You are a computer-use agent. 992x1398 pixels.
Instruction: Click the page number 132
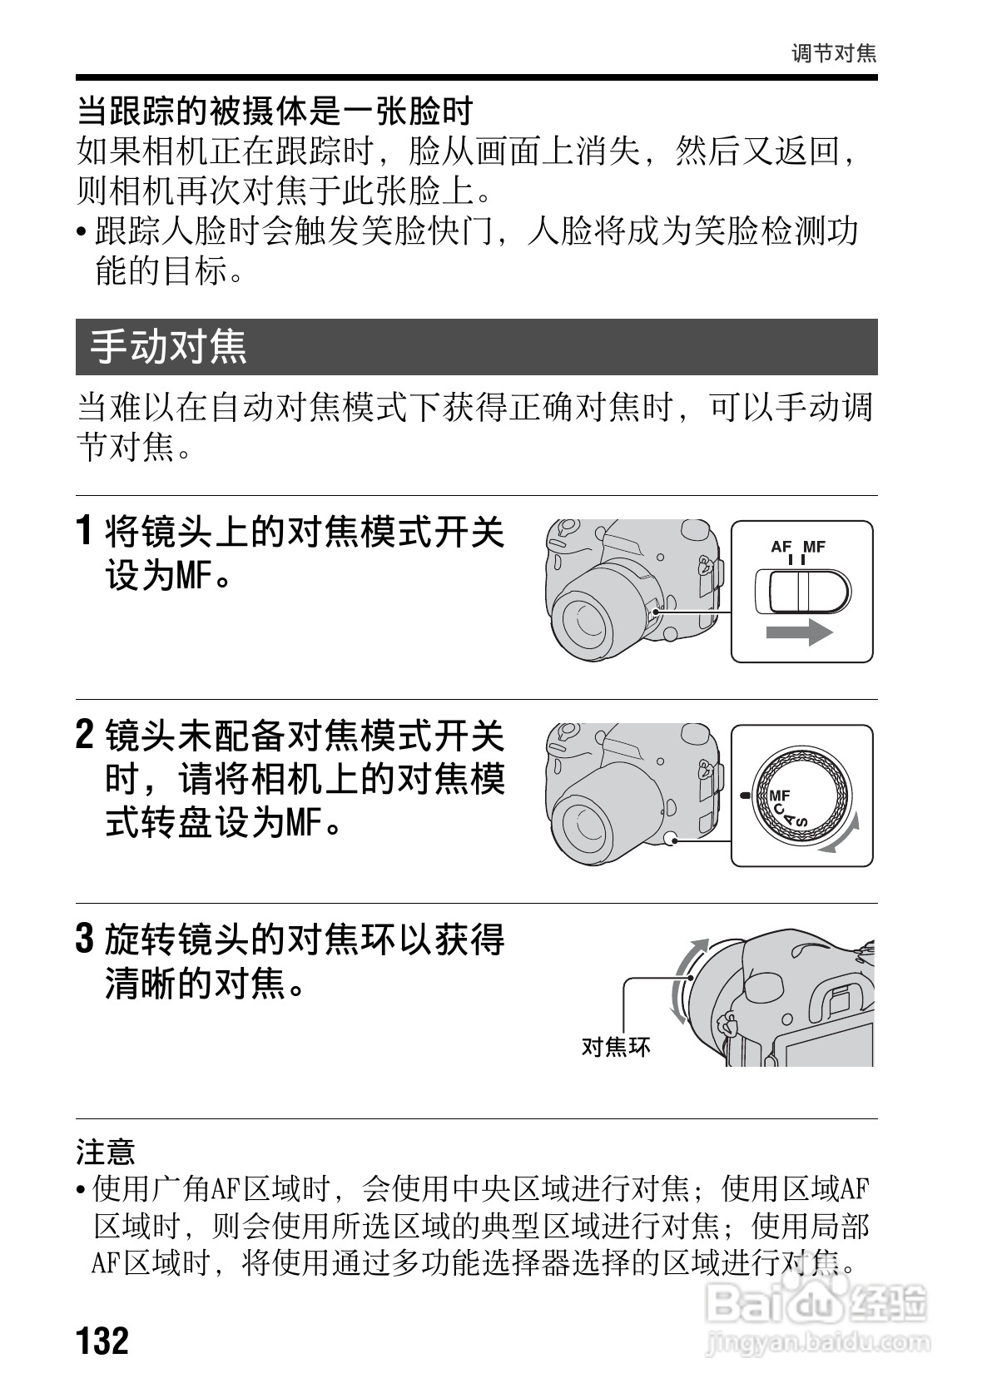coord(103,1341)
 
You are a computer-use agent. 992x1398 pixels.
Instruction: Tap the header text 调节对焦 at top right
coord(833,54)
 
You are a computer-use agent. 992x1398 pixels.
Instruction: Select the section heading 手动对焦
coord(169,346)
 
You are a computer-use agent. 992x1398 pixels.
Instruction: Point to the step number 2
coord(85,735)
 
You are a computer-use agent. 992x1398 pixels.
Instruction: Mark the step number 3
coord(85,939)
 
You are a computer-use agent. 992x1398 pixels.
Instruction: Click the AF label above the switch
coord(781,547)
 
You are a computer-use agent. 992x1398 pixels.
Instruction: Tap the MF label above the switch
coord(814,547)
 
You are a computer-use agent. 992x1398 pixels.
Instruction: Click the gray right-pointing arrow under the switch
coord(798,632)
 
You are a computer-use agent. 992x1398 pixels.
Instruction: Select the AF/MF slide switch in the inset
coord(801,592)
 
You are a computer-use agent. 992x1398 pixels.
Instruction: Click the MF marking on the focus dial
coord(779,796)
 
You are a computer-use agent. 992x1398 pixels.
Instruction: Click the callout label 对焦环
coord(615,1046)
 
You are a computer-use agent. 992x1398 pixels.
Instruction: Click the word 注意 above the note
coord(106,1153)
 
